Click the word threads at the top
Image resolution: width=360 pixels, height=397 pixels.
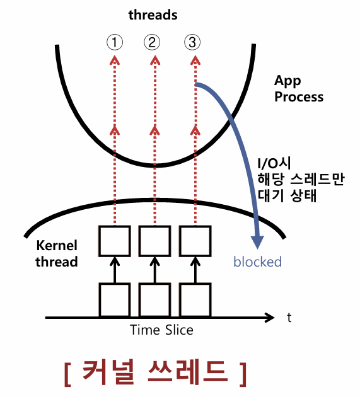pyautogui.click(x=153, y=14)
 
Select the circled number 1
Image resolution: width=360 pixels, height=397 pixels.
pyautogui.click(x=115, y=42)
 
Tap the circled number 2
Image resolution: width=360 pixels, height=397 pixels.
pyautogui.click(x=152, y=42)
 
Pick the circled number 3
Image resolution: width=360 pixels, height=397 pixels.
pyautogui.click(x=192, y=42)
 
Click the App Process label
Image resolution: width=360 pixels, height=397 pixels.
pyautogui.click(x=299, y=89)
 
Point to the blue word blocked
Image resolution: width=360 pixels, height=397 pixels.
pyautogui.click(x=257, y=262)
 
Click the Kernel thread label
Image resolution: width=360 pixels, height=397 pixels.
pyautogui.click(x=57, y=253)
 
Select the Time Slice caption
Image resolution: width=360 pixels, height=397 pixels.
pyautogui.click(x=161, y=330)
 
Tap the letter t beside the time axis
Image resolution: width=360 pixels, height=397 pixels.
pyautogui.click(x=289, y=318)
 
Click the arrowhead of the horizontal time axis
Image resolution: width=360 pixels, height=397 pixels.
pyautogui.click(x=270, y=318)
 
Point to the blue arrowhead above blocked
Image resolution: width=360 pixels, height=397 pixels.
pyautogui.click(x=257, y=243)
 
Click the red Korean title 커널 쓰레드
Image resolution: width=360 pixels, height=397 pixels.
pyautogui.click(x=154, y=372)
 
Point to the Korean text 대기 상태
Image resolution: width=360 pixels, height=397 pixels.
pyautogui.click(x=287, y=195)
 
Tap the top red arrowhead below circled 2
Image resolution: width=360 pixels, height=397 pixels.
pyautogui.click(x=155, y=60)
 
